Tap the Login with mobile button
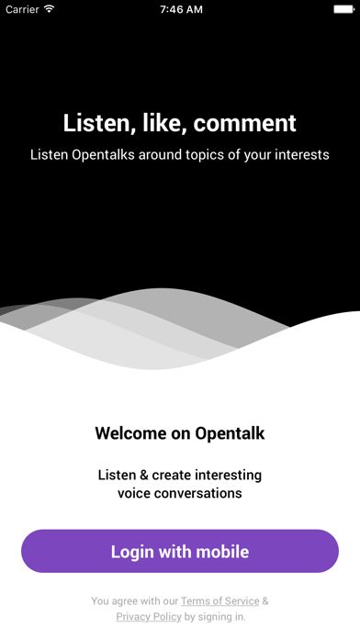[x=180, y=552]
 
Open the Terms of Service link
[x=220, y=601]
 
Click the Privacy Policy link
[x=149, y=617]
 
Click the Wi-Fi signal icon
[x=49, y=9]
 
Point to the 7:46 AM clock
[x=180, y=9]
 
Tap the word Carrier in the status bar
[x=21, y=9]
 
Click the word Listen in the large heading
[x=96, y=123]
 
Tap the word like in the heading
[x=166, y=123]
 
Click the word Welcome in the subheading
[x=132, y=433]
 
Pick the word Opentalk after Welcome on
[x=230, y=433]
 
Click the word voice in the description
[x=135, y=493]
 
